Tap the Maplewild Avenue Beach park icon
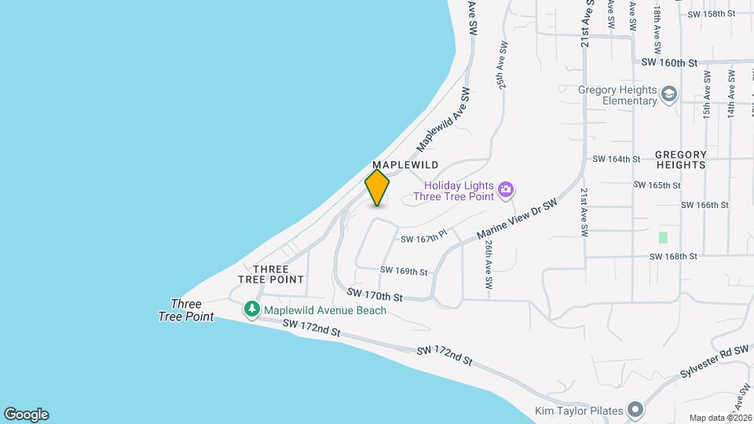pyautogui.click(x=252, y=310)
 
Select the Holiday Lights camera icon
pyautogui.click(x=507, y=188)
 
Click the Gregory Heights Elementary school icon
pyautogui.click(x=669, y=95)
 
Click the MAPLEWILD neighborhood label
pyautogui.click(x=404, y=165)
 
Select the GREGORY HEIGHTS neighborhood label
pyautogui.click(x=680, y=160)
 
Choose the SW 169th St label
pyautogui.click(x=404, y=272)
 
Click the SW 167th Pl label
pyautogui.click(x=423, y=236)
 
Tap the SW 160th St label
pyautogui.click(x=669, y=62)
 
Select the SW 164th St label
pyautogui.click(x=617, y=159)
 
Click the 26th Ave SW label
pyautogui.click(x=488, y=264)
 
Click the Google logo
pyautogui.click(x=26, y=415)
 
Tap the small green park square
pyautogui.click(x=663, y=237)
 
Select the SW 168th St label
pyautogui.click(x=673, y=256)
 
